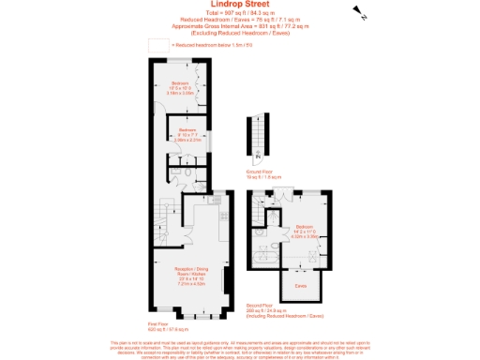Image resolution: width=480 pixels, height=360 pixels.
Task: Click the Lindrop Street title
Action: tap(240, 4)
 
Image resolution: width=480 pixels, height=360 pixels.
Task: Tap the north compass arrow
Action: tap(359, 12)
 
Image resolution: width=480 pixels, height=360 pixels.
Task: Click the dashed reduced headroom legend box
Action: tap(158, 44)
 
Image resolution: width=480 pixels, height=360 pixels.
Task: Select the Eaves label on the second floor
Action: tap(301, 284)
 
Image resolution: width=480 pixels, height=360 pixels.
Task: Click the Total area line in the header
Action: tap(240, 13)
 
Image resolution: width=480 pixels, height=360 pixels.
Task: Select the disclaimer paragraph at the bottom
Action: tap(240, 349)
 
